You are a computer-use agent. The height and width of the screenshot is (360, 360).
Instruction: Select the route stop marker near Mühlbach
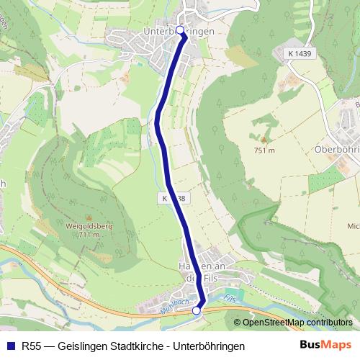coord(197,310)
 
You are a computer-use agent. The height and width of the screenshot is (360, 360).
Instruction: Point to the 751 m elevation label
coord(264,150)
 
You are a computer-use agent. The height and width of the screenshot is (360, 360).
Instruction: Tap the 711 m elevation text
coord(89,235)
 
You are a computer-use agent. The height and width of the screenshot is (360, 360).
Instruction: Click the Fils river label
coord(230,297)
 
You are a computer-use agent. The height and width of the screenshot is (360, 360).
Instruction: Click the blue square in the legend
coord(11,346)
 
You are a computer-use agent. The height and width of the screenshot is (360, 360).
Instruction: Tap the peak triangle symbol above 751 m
coord(263,139)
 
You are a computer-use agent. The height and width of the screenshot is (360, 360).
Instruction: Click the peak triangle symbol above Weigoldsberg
coord(89,216)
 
